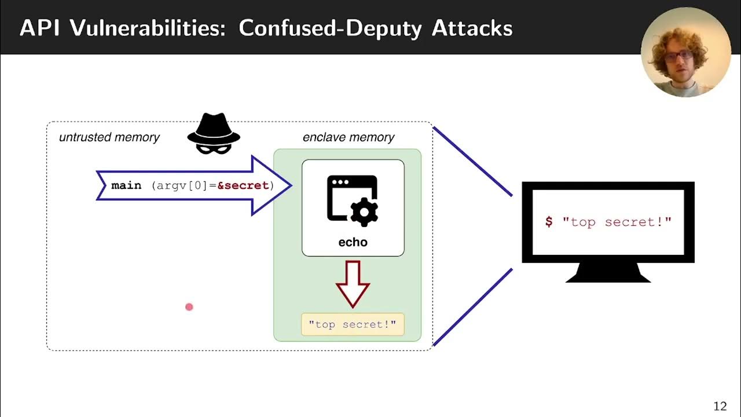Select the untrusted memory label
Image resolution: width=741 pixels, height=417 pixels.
click(x=109, y=137)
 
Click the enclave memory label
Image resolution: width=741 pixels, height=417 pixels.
click(x=348, y=137)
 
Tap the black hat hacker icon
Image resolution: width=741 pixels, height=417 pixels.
click(x=214, y=134)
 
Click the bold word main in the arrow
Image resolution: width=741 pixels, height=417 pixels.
click(x=126, y=185)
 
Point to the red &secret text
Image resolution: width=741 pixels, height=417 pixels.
click(x=243, y=185)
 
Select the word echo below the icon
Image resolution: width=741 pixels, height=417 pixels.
click(x=353, y=242)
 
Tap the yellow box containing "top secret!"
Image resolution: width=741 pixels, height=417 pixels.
click(x=353, y=324)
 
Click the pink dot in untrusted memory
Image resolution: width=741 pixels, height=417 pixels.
click(x=189, y=307)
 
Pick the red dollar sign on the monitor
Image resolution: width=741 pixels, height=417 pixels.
click(x=549, y=222)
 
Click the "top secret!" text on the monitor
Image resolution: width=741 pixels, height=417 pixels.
click(x=617, y=222)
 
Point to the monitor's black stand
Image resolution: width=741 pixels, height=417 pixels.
click(x=608, y=273)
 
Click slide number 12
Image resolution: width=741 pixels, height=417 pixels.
click(x=719, y=405)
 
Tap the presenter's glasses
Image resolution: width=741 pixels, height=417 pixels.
click(x=678, y=56)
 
